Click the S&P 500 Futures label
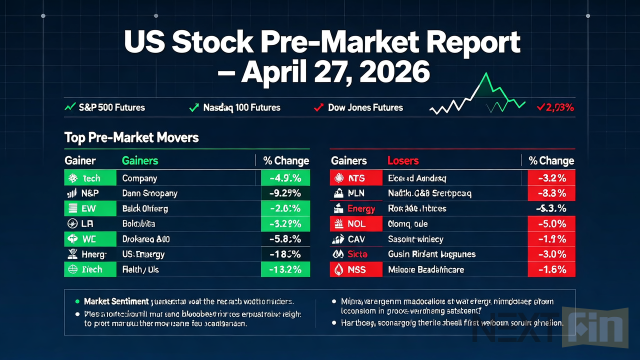tap(111, 107)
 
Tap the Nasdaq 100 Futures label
tap(241, 107)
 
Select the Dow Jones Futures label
tap(365, 107)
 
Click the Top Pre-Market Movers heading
tap(131, 137)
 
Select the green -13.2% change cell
tap(285, 269)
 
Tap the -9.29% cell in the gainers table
tap(285, 193)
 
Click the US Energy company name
tap(143, 254)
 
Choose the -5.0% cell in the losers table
tap(551, 223)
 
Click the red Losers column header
tap(403, 160)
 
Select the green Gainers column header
tap(140, 160)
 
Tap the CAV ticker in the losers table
tap(356, 239)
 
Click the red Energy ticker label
tap(361, 208)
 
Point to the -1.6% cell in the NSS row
tap(551, 269)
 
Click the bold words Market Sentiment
tap(116, 301)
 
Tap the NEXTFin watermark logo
tap(550, 327)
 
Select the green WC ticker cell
tap(90, 239)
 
